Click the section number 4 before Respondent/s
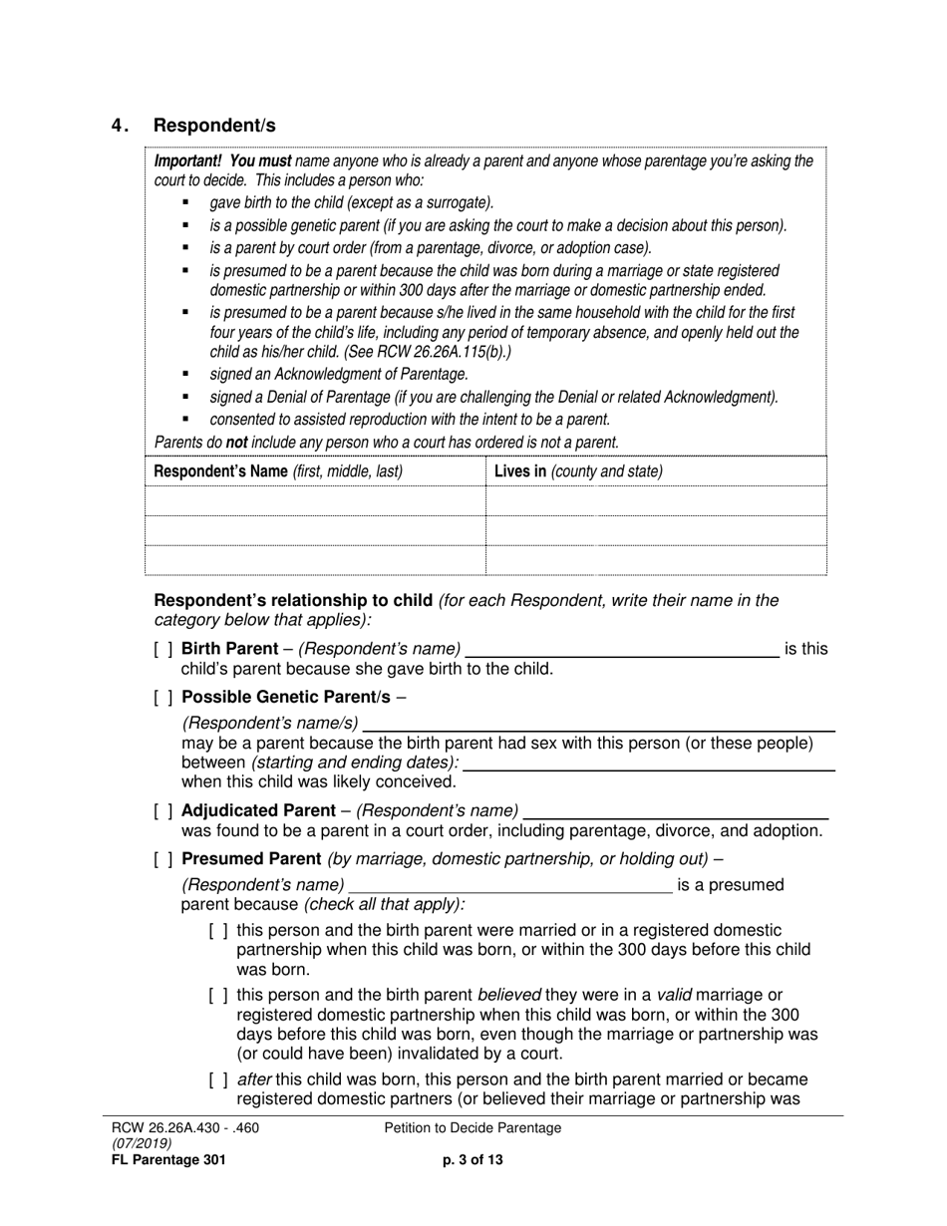pyautogui.click(x=119, y=126)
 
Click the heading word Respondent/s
pyautogui.click(x=214, y=126)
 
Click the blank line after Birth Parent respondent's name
pyautogui.click(x=623, y=650)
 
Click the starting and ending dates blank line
pyautogui.click(x=650, y=764)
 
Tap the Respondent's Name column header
pyautogui.click(x=278, y=471)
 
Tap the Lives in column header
pyautogui.click(x=578, y=471)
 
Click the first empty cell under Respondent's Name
pyautogui.click(x=315, y=500)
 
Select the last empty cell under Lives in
pyautogui.click(x=656, y=560)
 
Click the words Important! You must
pyautogui.click(x=222, y=161)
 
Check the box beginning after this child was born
pyautogui.click(x=218, y=1080)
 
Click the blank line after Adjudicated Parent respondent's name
pyautogui.click(x=676, y=811)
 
